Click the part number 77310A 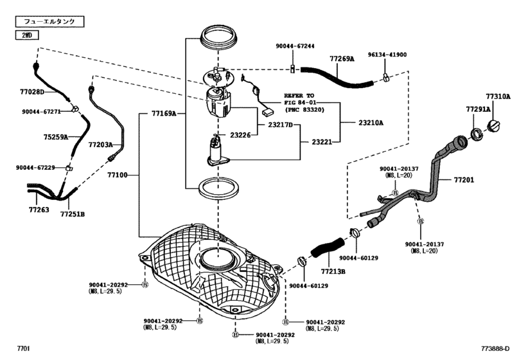(x=498, y=96)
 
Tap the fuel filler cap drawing (x=494, y=126)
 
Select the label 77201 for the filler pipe (x=464, y=180)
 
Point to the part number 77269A (x=342, y=59)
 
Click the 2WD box (x=27, y=35)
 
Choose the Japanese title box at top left (x=49, y=22)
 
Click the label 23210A (x=371, y=123)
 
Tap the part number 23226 (x=240, y=135)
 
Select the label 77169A (x=164, y=114)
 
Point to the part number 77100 (x=118, y=175)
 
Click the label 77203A (x=101, y=145)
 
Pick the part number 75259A (x=56, y=137)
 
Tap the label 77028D (x=32, y=92)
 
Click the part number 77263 (x=39, y=210)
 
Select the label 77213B (x=333, y=271)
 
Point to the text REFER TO (x=299, y=96)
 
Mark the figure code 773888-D (x=495, y=348)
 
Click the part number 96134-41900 (x=387, y=55)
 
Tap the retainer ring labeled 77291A (x=477, y=134)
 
